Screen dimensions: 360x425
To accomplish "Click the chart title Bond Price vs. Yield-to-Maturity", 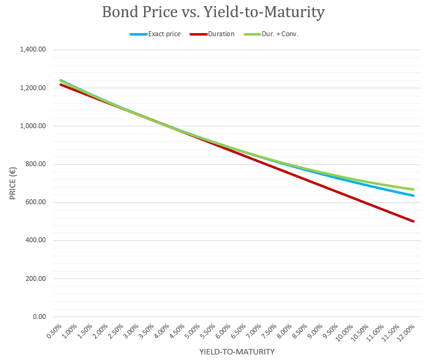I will pyautogui.click(x=213, y=12).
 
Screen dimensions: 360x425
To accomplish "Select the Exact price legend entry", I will pyautogui.click(x=164, y=34).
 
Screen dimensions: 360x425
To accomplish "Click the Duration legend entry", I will pyautogui.click(x=221, y=34).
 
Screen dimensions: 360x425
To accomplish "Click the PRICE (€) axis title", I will pyautogui.click(x=12, y=183).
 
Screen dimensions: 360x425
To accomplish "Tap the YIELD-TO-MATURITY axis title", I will pyautogui.click(x=237, y=352).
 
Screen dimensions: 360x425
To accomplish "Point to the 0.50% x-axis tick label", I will pyautogui.click(x=54, y=332).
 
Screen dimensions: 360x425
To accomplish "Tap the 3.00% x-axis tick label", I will pyautogui.click(x=131, y=332).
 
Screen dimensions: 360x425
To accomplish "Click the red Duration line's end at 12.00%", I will pyautogui.click(x=414, y=221).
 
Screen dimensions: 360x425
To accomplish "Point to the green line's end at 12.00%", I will pyautogui.click(x=414, y=190).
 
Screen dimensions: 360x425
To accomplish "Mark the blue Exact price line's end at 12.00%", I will pyautogui.click(x=414, y=196).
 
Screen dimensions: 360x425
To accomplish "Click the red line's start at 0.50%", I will pyautogui.click(x=61, y=85).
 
